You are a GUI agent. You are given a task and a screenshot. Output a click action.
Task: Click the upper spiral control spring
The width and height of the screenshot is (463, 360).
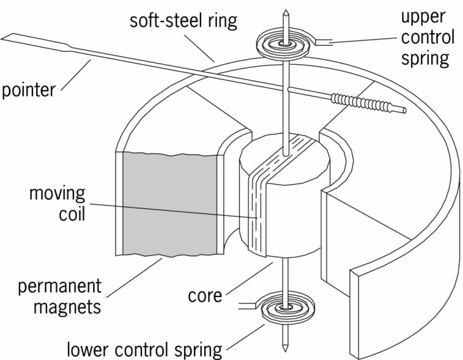(x=285, y=43)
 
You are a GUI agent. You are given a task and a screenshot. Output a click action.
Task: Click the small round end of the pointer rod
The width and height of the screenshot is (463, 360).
(x=402, y=110)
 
